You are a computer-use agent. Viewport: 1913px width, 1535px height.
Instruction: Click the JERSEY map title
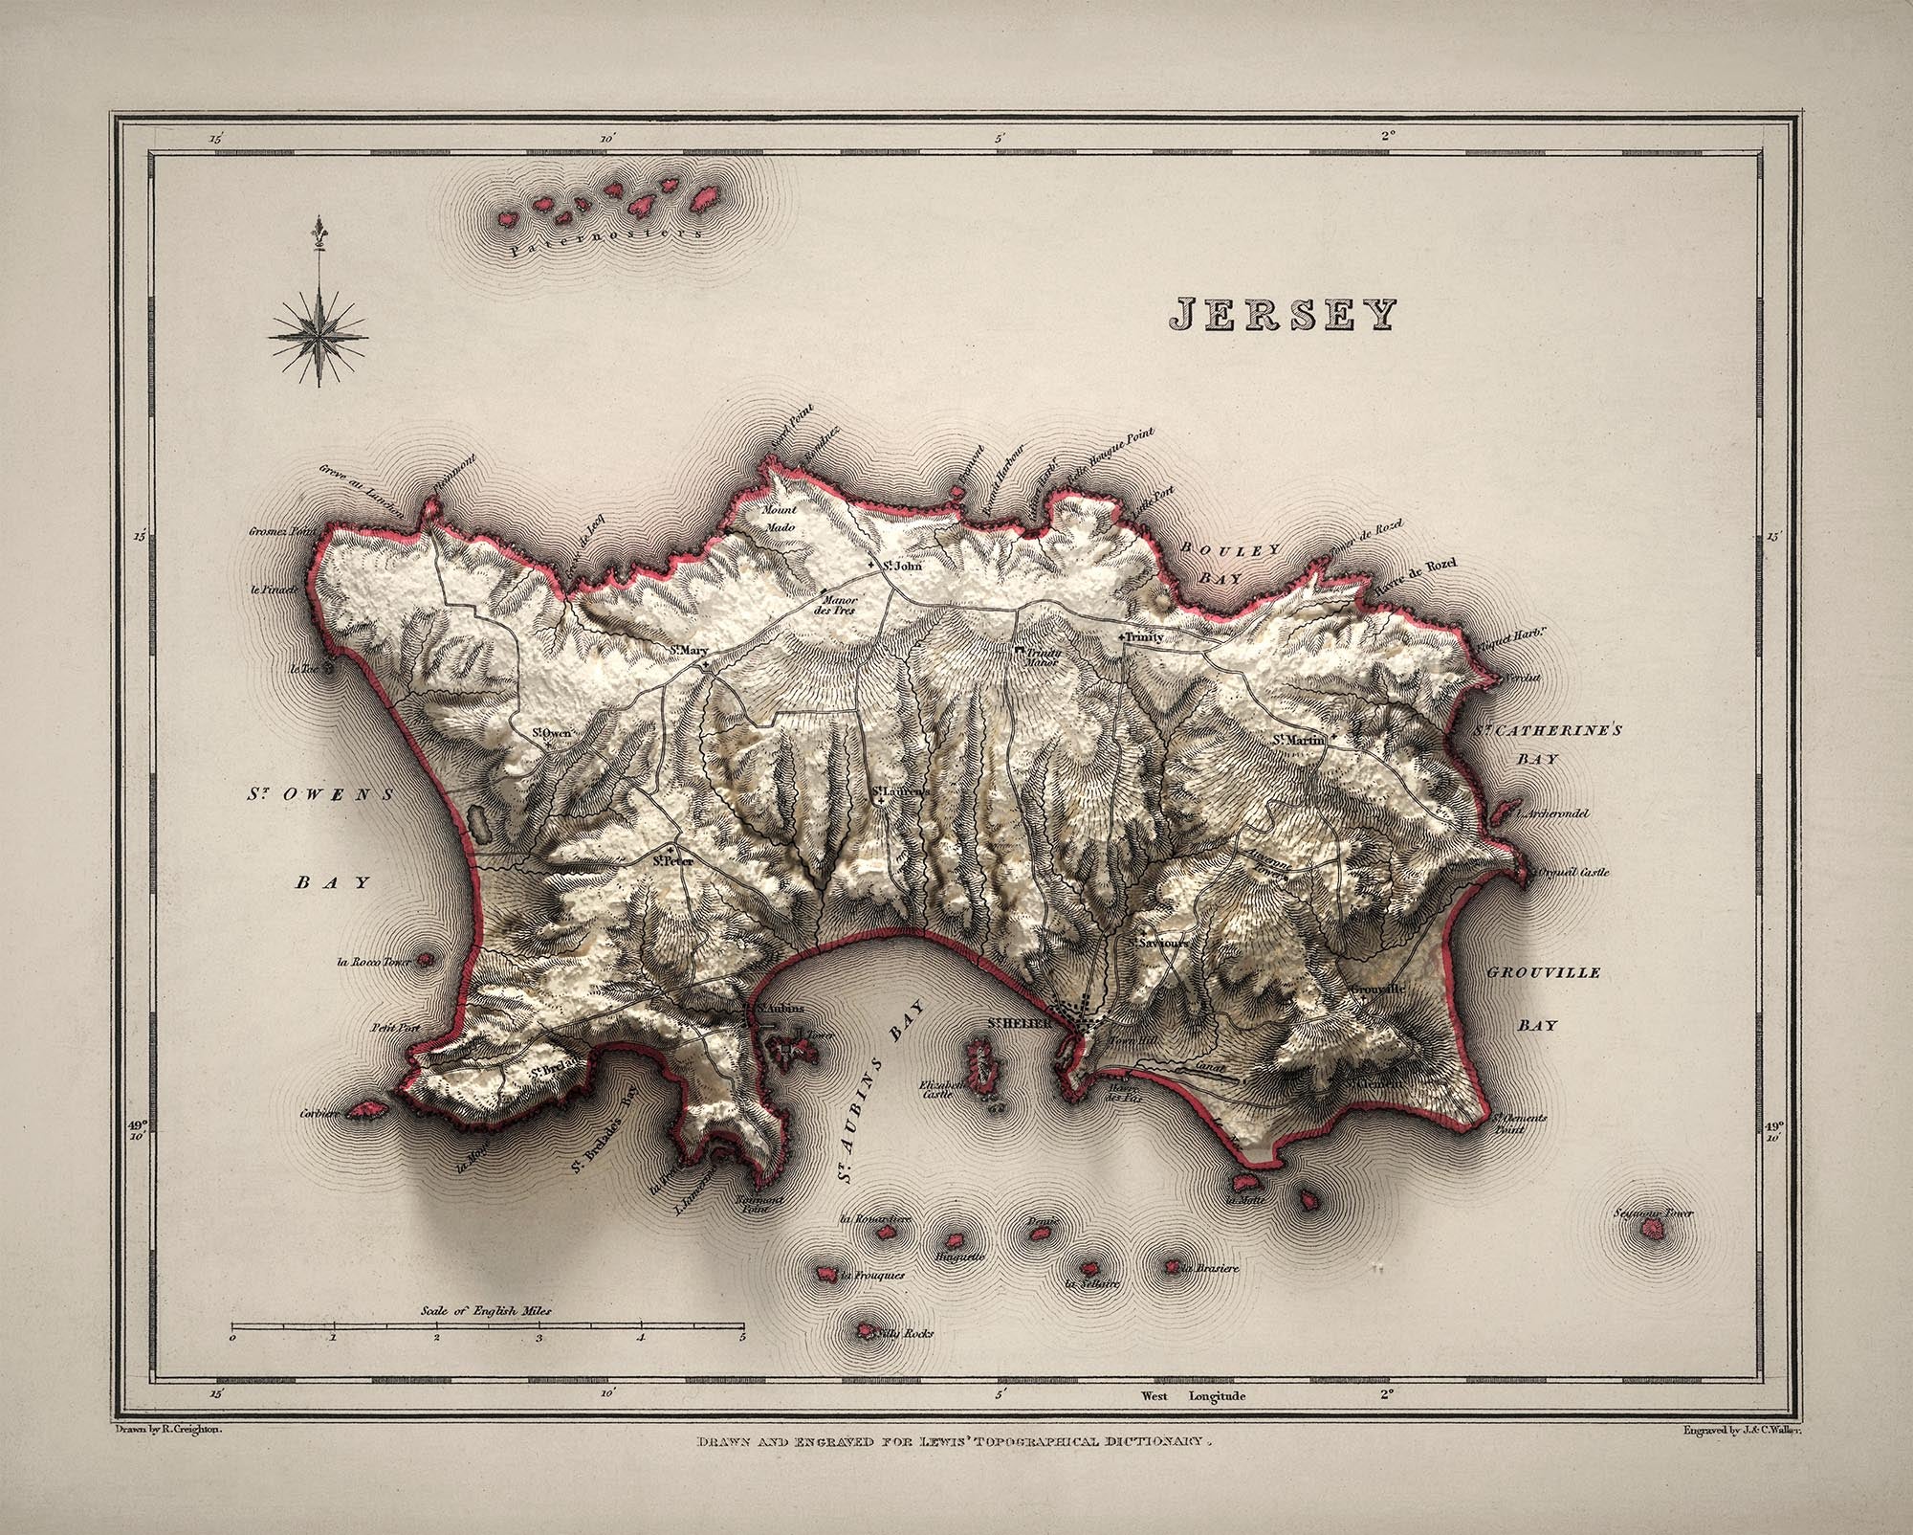click(x=1283, y=314)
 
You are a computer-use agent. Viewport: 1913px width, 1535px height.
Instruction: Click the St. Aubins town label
click(x=780, y=1009)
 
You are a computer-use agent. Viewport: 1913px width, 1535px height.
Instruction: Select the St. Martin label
click(x=1298, y=740)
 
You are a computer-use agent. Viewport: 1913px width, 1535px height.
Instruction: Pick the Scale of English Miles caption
click(x=486, y=1311)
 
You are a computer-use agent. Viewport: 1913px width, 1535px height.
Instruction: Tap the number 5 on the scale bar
click(x=742, y=1338)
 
